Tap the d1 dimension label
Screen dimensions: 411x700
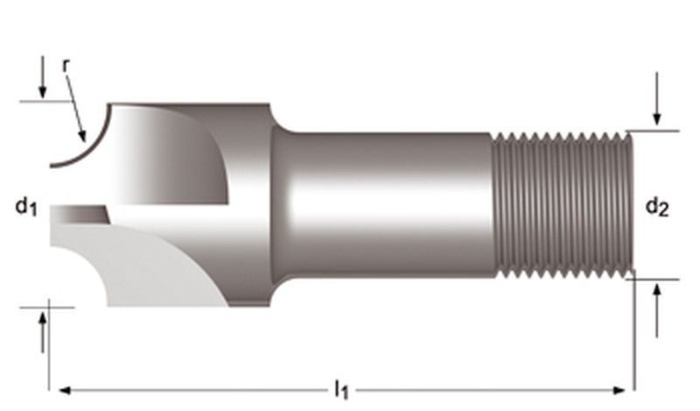25,207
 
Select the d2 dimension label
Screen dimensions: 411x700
657,207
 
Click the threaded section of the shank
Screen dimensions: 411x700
560,205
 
